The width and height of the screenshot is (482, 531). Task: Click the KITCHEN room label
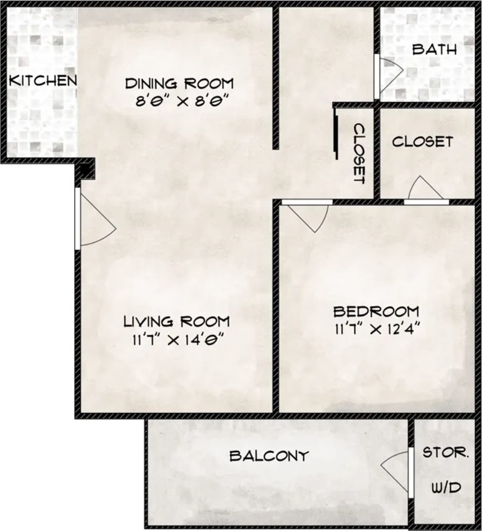click(x=43, y=80)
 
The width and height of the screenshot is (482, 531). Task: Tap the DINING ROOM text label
click(x=179, y=83)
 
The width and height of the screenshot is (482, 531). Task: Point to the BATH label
click(x=434, y=49)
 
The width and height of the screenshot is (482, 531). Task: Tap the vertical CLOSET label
click(x=359, y=153)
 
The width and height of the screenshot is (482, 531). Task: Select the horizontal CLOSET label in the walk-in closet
click(x=422, y=142)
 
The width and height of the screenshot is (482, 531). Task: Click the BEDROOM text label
click(x=376, y=312)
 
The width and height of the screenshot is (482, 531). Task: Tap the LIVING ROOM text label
click(x=177, y=322)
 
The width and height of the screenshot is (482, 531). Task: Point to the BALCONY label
click(x=269, y=455)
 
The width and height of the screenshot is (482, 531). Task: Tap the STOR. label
click(x=445, y=453)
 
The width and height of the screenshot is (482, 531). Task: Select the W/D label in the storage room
click(x=446, y=487)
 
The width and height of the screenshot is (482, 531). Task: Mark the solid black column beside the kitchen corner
click(x=85, y=169)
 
